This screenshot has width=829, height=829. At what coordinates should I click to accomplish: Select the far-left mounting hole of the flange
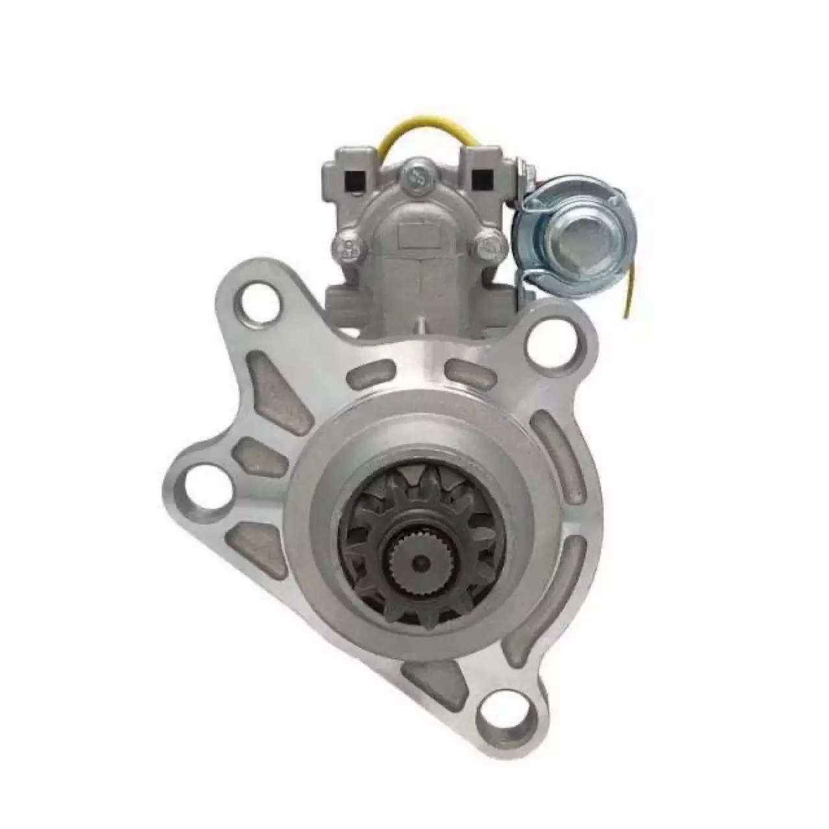tap(202, 485)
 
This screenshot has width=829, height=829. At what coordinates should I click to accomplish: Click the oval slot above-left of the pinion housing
tap(372, 377)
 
